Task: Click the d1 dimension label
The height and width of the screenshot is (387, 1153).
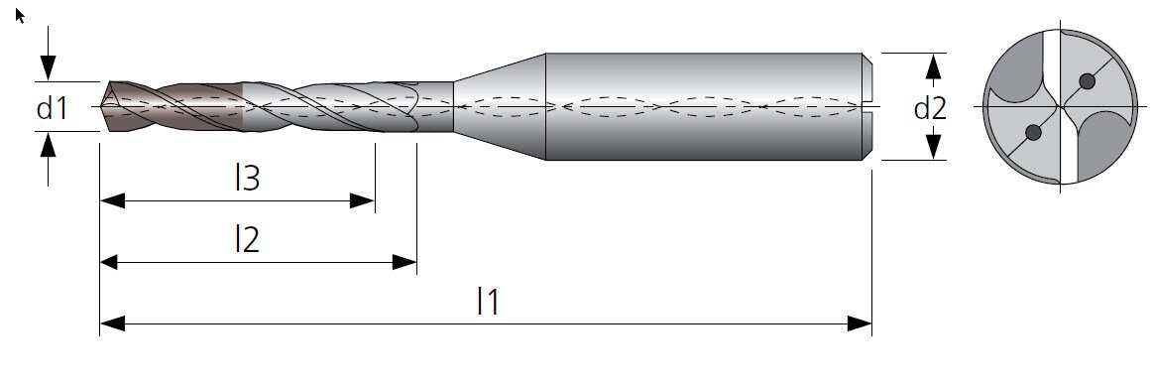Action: coord(52,108)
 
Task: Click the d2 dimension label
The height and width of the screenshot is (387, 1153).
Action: coord(930,108)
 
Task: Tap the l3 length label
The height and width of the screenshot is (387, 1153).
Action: coord(247,178)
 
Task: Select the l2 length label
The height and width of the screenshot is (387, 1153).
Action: coord(247,239)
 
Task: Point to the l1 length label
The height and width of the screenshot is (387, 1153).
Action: coord(488,301)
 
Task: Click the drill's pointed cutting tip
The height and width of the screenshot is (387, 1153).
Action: coord(102,107)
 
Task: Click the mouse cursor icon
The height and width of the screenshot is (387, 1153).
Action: coord(20,16)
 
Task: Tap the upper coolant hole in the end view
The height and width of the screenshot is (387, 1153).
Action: coord(1087,81)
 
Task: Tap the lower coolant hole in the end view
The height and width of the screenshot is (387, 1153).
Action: coord(1033,132)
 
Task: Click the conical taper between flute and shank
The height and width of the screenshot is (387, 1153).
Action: coord(500,107)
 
